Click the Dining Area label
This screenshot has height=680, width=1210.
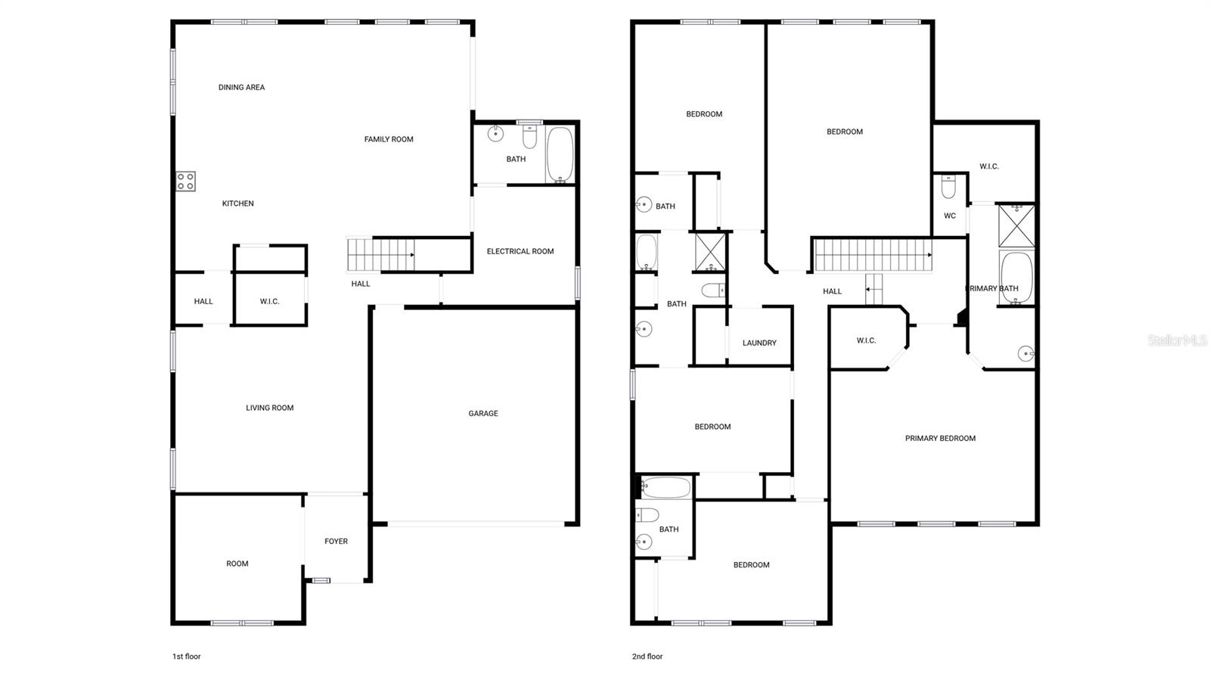tap(241, 88)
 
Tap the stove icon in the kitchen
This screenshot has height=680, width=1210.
tap(186, 182)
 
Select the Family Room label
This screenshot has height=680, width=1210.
tap(389, 139)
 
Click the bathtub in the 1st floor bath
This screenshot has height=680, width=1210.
tap(560, 155)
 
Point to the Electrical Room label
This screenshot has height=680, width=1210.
tap(520, 251)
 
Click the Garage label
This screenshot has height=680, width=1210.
tap(483, 414)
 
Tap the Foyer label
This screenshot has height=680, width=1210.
tap(336, 542)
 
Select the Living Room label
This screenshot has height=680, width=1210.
tap(269, 408)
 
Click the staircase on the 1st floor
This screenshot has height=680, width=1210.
tap(380, 255)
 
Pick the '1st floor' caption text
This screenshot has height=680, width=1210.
tap(186, 657)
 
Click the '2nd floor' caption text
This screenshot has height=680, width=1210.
tap(647, 657)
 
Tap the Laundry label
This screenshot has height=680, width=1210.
tap(759, 343)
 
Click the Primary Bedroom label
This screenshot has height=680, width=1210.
tap(940, 439)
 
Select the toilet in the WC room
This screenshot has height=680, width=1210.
tap(948, 186)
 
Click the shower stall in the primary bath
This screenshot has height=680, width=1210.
tap(1016, 225)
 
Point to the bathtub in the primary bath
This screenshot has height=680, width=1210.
tap(1016, 278)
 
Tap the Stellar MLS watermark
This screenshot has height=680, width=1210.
tap(1177, 341)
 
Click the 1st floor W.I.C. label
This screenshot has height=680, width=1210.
tap(269, 302)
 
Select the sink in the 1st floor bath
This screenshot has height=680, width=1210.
tap(495, 135)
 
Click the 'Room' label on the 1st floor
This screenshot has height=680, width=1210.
tap(237, 564)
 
